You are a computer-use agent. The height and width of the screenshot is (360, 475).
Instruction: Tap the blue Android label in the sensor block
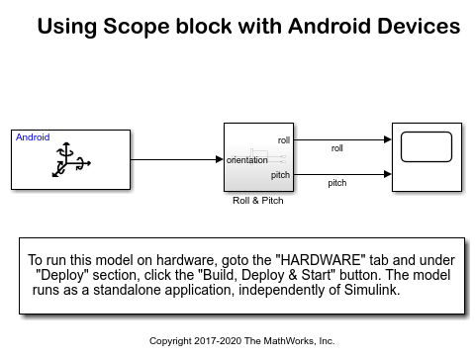34,137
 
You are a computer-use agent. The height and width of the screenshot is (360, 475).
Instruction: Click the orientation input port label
247,159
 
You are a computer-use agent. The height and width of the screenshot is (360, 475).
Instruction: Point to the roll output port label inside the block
283,140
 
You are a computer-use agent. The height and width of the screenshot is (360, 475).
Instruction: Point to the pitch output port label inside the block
281,175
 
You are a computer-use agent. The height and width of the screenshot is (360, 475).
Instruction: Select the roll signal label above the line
337,148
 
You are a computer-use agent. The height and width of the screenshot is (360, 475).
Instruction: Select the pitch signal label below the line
337,183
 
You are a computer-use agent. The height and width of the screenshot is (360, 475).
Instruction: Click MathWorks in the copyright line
280,341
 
